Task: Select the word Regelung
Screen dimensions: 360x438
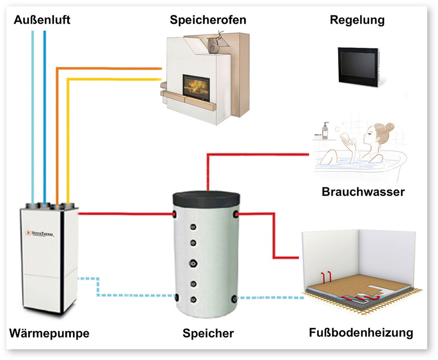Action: click(x=357, y=21)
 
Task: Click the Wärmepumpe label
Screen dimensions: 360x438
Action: click(x=49, y=333)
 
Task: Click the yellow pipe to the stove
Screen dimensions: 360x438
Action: click(x=111, y=79)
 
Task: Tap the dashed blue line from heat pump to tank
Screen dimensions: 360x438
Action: click(x=126, y=295)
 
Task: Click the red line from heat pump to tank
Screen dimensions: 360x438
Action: click(x=126, y=214)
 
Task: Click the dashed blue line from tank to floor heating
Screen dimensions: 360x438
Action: click(x=271, y=298)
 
